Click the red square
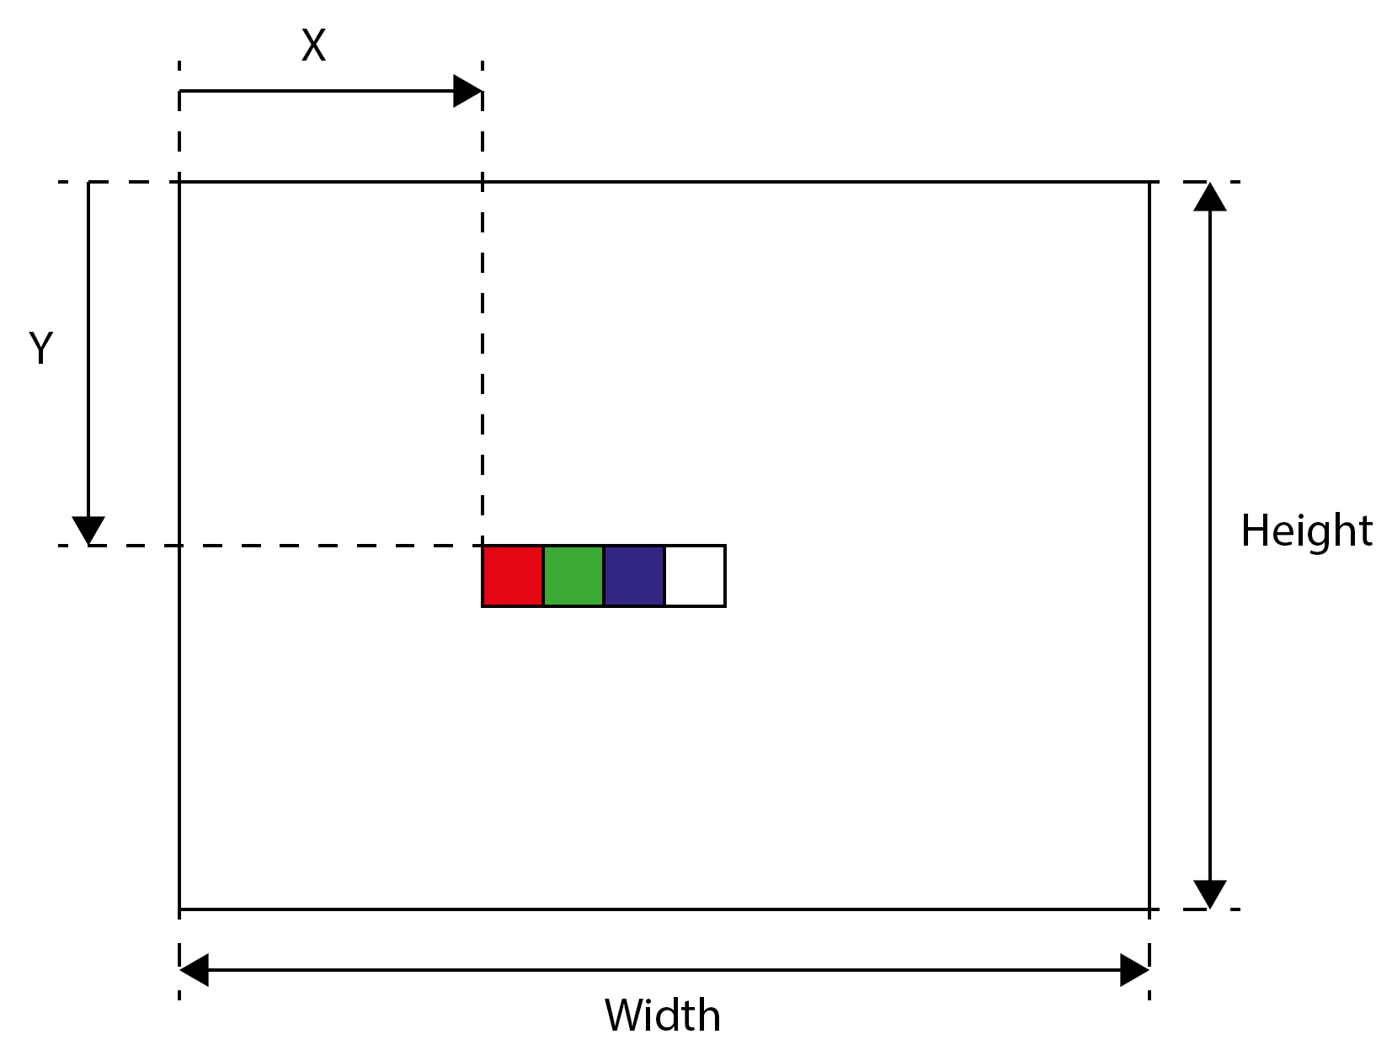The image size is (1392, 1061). coord(512,575)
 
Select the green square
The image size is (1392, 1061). coord(573,575)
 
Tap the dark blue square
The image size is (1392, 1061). coord(634,575)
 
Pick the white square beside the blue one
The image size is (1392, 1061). coord(695,575)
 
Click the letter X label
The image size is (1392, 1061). coord(313,45)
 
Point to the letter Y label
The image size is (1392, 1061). coord(40,348)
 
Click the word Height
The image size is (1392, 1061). coord(1306,531)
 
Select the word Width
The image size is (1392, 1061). coord(662,1016)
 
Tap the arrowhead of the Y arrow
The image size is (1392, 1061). coord(88,530)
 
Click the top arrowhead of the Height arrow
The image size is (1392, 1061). coord(1210,196)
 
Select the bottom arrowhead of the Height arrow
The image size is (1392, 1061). coord(1210,895)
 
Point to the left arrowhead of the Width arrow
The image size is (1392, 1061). coord(194,970)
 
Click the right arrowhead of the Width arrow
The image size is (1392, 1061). coord(1134,970)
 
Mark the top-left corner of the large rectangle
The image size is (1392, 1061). coord(179,182)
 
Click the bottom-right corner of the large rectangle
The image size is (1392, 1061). coord(1149,909)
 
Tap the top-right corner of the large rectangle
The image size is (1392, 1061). coord(1149,182)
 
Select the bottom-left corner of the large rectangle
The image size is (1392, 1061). coord(179,909)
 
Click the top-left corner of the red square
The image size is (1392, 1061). coord(483,546)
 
